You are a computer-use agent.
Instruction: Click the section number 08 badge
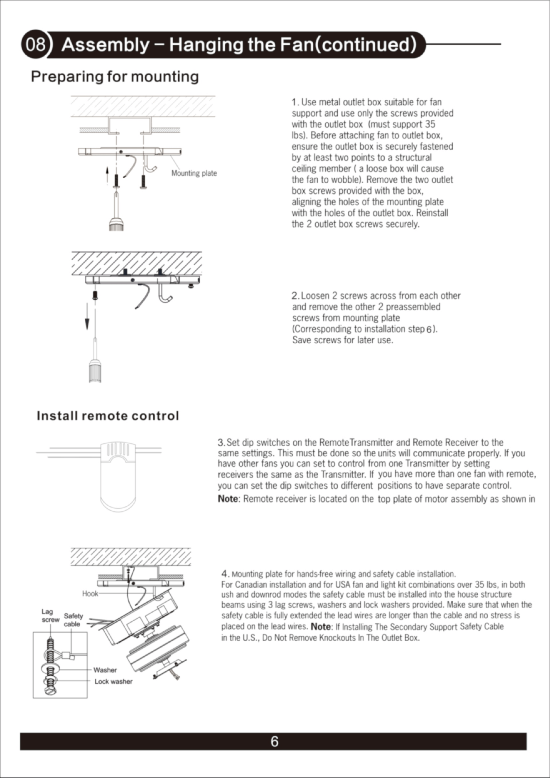pyautogui.click(x=36, y=44)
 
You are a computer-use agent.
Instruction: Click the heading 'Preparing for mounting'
pyautogui.click(x=115, y=77)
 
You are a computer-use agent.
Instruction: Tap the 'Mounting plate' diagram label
pyautogui.click(x=194, y=173)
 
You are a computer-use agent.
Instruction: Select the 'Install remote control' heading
pyautogui.click(x=108, y=416)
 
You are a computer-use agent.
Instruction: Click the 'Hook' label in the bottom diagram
pyautogui.click(x=90, y=593)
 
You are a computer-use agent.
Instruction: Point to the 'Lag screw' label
pyautogui.click(x=50, y=616)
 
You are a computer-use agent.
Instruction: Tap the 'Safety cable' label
pyautogui.click(x=73, y=620)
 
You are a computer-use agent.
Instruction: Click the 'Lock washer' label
pyautogui.click(x=113, y=682)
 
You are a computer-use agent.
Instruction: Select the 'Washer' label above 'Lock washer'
pyautogui.click(x=105, y=670)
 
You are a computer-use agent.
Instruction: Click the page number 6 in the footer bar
pyautogui.click(x=275, y=742)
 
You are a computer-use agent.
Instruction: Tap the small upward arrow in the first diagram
pyautogui.click(x=107, y=175)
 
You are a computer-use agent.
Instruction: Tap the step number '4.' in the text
pyautogui.click(x=226, y=574)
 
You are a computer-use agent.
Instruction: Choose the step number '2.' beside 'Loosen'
pyautogui.click(x=295, y=296)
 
